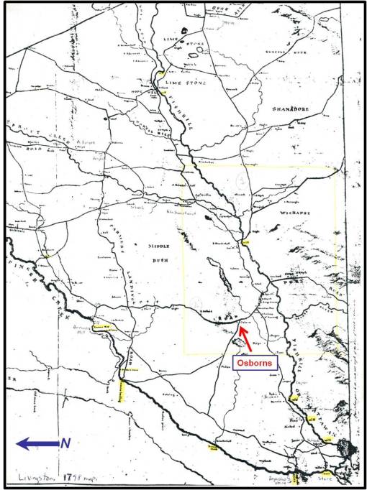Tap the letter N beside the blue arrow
pos(65,443)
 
